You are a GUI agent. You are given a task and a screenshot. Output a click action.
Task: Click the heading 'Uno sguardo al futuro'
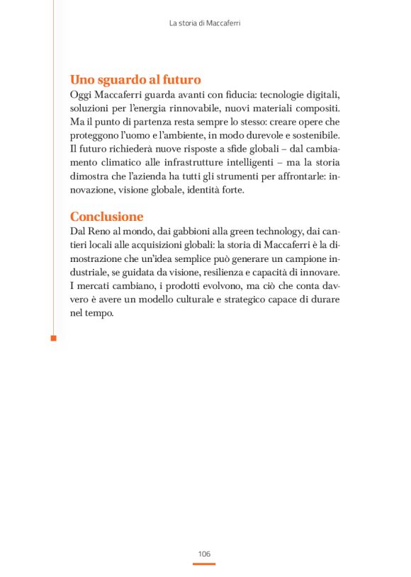135,80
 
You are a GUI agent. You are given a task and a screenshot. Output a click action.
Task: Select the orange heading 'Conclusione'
106,217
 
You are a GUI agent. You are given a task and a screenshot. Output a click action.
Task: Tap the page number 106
204,553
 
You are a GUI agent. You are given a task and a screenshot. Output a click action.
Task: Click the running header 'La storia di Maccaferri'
205,23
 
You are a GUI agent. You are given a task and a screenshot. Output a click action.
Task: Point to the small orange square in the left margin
53,339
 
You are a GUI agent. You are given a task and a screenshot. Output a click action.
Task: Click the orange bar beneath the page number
204,564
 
